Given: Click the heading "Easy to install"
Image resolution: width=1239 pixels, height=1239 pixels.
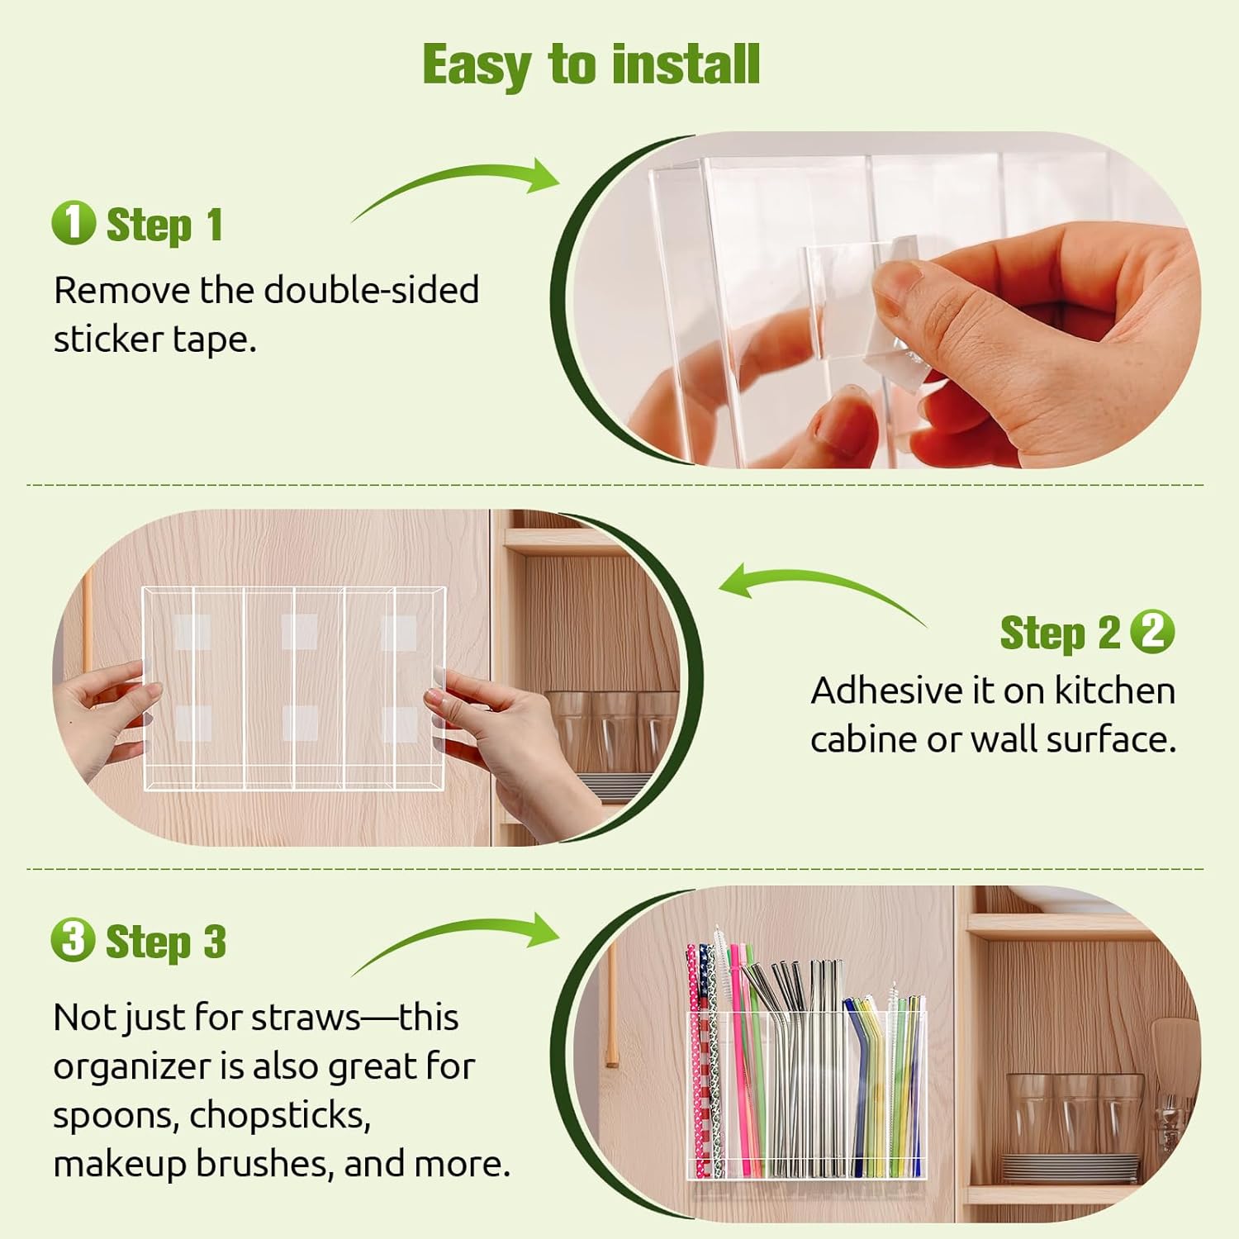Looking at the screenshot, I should click(x=591, y=64).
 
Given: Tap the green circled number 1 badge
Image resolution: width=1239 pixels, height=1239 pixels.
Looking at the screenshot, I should click(x=73, y=223).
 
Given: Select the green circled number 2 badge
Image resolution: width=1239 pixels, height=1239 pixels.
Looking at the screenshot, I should click(x=1152, y=632).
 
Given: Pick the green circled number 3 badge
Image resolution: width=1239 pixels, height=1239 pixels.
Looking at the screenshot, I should click(x=73, y=940).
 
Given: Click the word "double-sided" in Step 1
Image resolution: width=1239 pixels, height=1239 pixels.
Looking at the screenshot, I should click(x=371, y=291).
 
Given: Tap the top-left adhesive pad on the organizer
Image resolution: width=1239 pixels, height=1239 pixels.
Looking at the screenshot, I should click(x=192, y=632).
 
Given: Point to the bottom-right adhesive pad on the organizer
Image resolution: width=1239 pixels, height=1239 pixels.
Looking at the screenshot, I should click(x=399, y=724).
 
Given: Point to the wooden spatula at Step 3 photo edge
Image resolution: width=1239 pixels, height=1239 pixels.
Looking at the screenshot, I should click(x=1173, y=1053).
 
